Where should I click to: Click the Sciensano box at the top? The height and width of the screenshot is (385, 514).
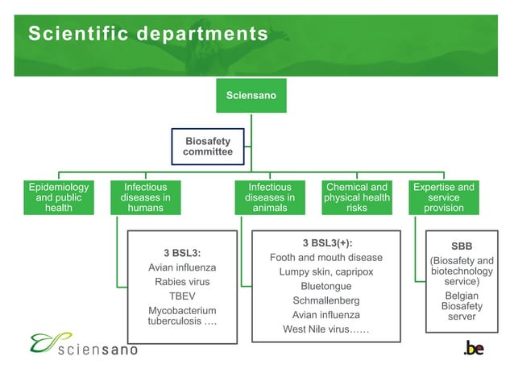pos(251,96)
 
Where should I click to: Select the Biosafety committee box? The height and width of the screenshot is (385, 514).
pos(207,147)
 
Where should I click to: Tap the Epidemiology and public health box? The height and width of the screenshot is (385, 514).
pos(59,197)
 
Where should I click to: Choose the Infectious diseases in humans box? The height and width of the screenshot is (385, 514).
pos(145,197)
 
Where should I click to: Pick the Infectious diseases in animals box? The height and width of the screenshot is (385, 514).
pos(270,197)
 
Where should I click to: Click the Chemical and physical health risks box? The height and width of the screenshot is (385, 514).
pos(356,197)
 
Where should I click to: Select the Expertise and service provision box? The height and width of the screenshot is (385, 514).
pos(443,197)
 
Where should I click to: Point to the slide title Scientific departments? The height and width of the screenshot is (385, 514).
pos(147,34)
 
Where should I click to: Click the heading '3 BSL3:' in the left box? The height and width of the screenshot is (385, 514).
pos(181,252)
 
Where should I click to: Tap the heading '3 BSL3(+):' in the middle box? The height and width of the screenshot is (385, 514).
pos(326,242)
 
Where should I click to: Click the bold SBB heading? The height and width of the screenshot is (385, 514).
pos(462,246)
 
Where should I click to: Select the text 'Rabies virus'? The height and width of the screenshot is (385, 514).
pos(182,282)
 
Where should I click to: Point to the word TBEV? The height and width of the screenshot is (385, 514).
pos(182,296)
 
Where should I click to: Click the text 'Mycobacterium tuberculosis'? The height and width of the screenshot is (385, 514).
pos(181,316)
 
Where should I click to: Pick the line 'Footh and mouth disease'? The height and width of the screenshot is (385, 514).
pos(326,258)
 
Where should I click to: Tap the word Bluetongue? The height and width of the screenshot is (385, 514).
pos(326,287)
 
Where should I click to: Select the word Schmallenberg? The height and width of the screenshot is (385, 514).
pos(326,300)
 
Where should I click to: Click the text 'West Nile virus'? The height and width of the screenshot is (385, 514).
pos(325,329)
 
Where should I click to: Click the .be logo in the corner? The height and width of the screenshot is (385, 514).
pos(474,347)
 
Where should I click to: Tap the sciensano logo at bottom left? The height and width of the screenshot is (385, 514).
pos(84,345)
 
